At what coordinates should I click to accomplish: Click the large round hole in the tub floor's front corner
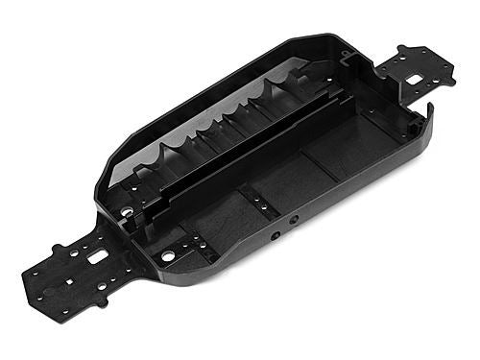tap(169, 256)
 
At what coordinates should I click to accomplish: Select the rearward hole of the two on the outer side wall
tap(294, 219)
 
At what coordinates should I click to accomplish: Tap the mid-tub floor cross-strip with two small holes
tap(259, 201)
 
